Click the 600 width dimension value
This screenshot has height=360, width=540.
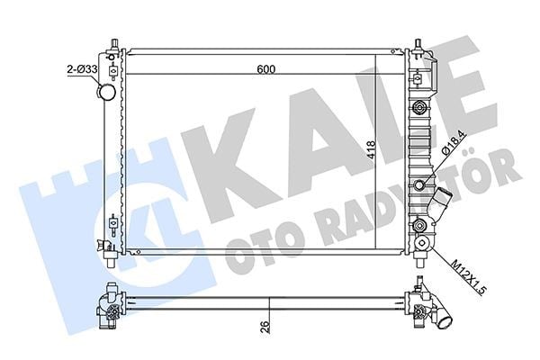point(266,69)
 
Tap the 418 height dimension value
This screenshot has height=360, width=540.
point(372,150)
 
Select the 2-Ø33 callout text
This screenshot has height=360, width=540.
point(82,69)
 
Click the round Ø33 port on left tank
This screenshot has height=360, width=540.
point(106,92)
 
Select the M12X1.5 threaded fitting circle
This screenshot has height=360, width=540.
point(423,244)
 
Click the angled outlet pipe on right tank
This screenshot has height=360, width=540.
point(434,202)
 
